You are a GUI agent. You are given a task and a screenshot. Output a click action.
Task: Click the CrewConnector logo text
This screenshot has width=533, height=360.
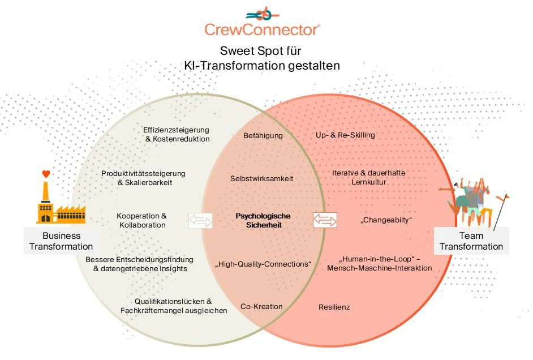262,30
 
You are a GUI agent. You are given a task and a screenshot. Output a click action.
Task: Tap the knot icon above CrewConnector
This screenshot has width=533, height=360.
263,14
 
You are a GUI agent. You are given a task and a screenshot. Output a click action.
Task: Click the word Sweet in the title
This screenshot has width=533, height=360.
235,51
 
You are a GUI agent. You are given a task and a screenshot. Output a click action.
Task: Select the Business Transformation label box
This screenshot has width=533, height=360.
61,241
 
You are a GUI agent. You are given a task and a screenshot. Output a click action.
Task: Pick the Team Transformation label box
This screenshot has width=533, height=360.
471,241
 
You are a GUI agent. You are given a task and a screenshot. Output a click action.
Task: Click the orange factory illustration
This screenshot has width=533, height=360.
61,203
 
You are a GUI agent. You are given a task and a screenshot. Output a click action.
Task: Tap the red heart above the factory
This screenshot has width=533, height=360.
46,174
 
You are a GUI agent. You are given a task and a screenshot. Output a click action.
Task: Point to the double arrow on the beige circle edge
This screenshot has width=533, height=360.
200,221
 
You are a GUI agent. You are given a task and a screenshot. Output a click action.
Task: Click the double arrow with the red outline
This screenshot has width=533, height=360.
325,220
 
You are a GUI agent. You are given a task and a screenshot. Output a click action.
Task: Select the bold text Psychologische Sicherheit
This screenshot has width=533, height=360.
264,220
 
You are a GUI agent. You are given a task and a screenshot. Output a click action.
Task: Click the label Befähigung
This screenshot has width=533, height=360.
263,136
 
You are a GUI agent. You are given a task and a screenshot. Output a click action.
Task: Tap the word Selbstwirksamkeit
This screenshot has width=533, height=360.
262,178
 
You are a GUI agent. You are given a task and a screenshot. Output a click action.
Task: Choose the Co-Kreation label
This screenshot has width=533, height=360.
262,306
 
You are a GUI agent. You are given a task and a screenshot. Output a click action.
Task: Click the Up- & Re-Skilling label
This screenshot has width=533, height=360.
345,135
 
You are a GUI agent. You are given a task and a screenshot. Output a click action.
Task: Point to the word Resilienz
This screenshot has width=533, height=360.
334,307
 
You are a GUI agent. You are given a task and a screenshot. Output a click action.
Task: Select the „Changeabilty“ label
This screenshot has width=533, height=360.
386,220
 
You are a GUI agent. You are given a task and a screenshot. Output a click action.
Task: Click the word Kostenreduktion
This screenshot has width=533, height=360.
181,139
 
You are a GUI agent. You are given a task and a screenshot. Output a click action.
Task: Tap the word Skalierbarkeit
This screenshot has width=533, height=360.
149,183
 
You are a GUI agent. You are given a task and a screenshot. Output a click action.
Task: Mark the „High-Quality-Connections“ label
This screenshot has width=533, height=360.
263,264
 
